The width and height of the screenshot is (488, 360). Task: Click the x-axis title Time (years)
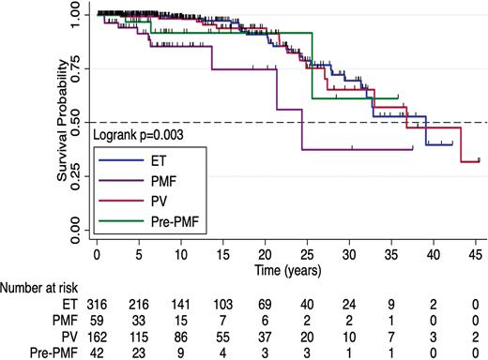tap(287, 270)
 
